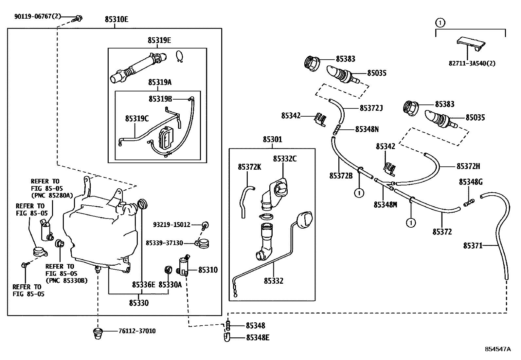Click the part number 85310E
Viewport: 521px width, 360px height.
tap(117, 20)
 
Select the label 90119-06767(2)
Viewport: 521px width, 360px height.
tap(38, 16)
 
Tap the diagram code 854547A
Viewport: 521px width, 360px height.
tap(498, 349)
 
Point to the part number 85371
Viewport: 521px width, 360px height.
tap(473, 245)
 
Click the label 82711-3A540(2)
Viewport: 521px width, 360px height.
tap(472, 63)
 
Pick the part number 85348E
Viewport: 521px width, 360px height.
tap(258, 337)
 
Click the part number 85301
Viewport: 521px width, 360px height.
tap(272, 140)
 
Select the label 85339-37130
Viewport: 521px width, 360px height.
tap(164, 243)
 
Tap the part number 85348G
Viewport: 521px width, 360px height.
tap(471, 182)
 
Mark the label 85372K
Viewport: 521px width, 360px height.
tap(249, 167)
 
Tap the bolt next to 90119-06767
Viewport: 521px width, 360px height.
tap(78, 18)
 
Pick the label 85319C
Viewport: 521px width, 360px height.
tap(137, 119)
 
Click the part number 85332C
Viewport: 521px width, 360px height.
tap(285, 159)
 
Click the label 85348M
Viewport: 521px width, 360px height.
tap(385, 205)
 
